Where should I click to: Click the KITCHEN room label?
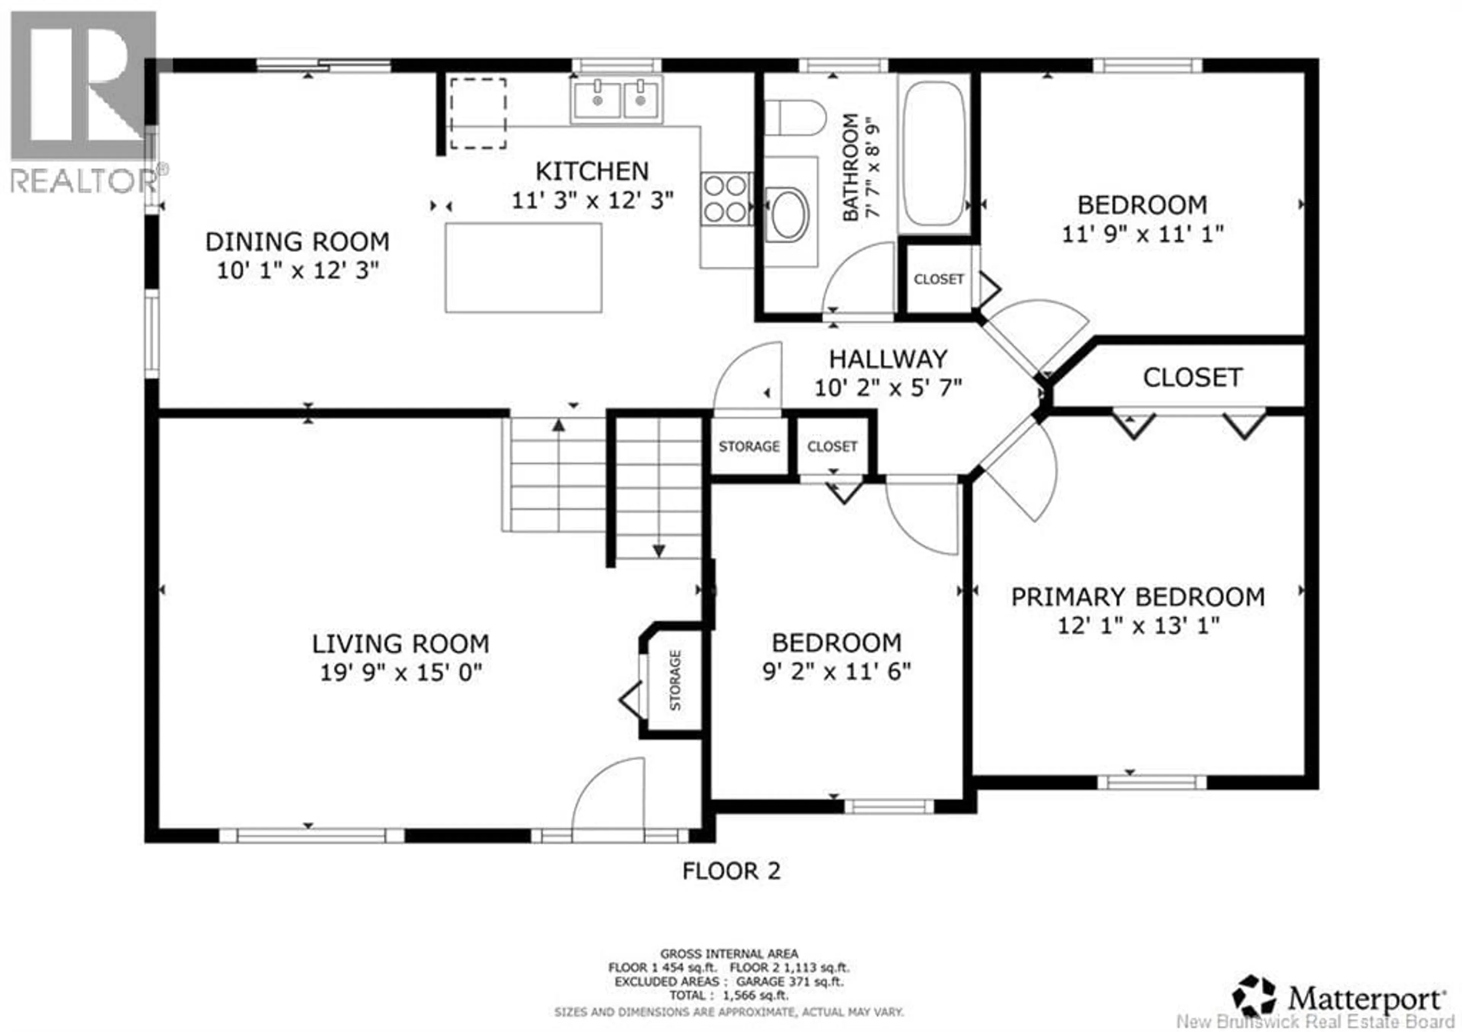592,171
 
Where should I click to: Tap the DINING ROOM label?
297,242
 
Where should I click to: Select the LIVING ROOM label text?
401,644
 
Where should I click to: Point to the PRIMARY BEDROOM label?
1138,597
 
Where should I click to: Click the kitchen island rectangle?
524,267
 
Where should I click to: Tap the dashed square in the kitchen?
478,114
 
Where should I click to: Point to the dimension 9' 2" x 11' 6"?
837,672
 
